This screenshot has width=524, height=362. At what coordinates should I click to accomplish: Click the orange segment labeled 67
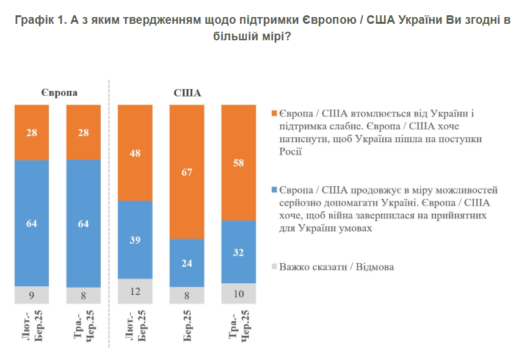point(186,172)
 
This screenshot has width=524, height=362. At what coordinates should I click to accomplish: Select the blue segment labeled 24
point(186,263)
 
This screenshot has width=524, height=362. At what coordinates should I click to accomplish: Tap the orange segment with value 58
point(238,162)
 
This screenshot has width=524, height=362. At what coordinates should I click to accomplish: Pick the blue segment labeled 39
point(135,239)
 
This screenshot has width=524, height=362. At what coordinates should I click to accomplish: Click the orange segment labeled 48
point(135,153)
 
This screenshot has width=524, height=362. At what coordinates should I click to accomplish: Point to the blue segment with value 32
point(238,252)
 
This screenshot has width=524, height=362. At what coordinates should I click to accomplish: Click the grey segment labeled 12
point(135,291)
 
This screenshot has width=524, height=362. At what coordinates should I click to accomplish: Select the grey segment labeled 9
point(32,295)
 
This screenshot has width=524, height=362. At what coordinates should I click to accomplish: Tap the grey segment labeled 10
point(238,293)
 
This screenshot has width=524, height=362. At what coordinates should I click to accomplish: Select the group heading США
point(187,93)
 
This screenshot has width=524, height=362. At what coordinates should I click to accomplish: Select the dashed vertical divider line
point(109,214)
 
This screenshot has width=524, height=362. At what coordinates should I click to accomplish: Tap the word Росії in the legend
point(291,153)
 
